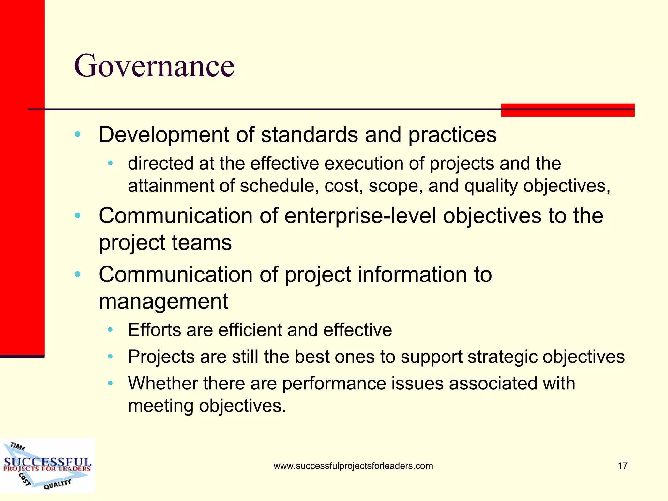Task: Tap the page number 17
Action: [623, 466]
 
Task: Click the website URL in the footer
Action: [353, 466]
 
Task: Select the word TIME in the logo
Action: [18, 446]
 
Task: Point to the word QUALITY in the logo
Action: [57, 484]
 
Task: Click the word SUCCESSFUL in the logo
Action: [47, 462]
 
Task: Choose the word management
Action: [163, 301]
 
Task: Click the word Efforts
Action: [154, 330]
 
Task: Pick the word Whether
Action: [163, 383]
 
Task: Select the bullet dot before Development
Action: [77, 134]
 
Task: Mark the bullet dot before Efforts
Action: [110, 330]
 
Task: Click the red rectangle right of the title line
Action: [568, 110]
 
